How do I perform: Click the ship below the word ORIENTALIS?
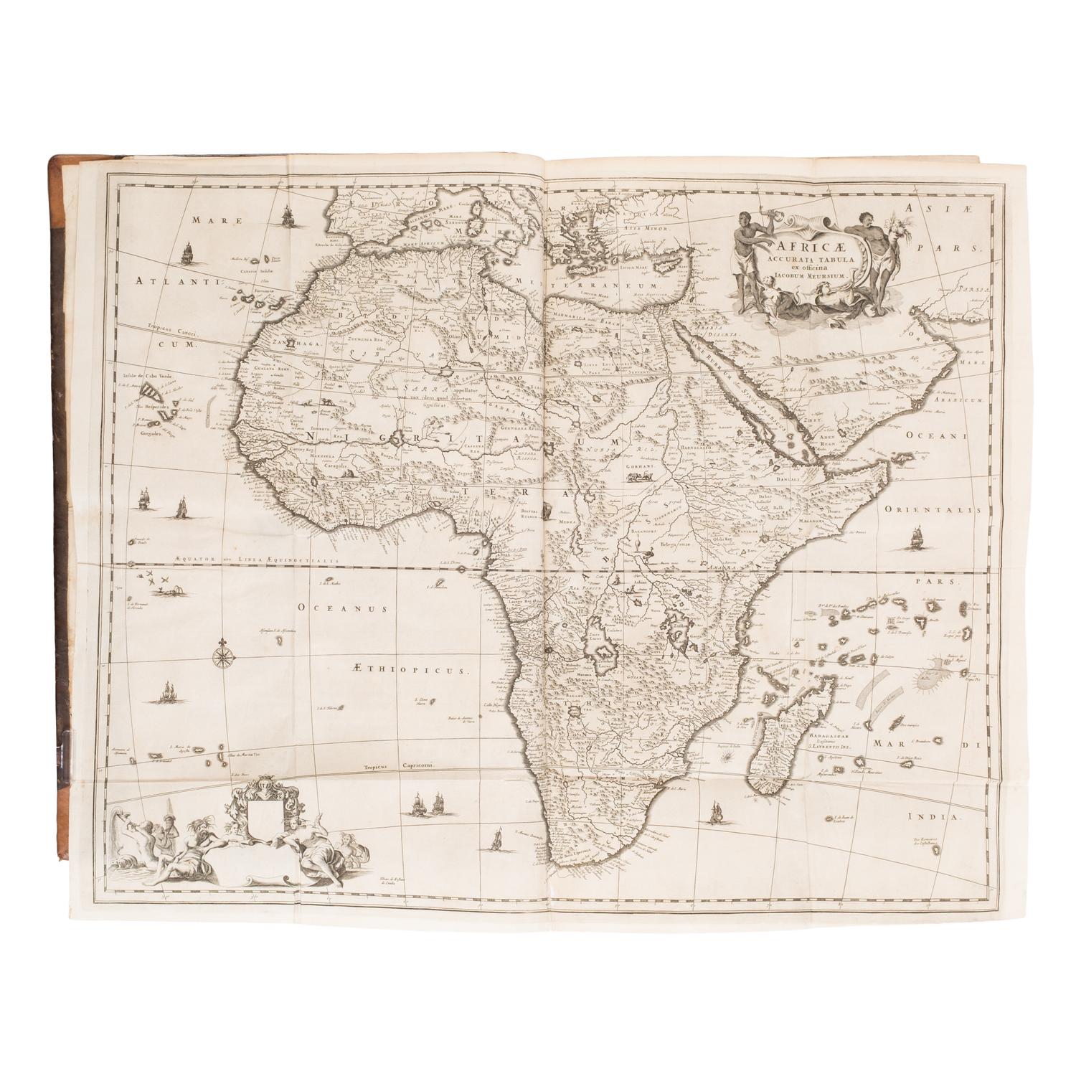[916, 535]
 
